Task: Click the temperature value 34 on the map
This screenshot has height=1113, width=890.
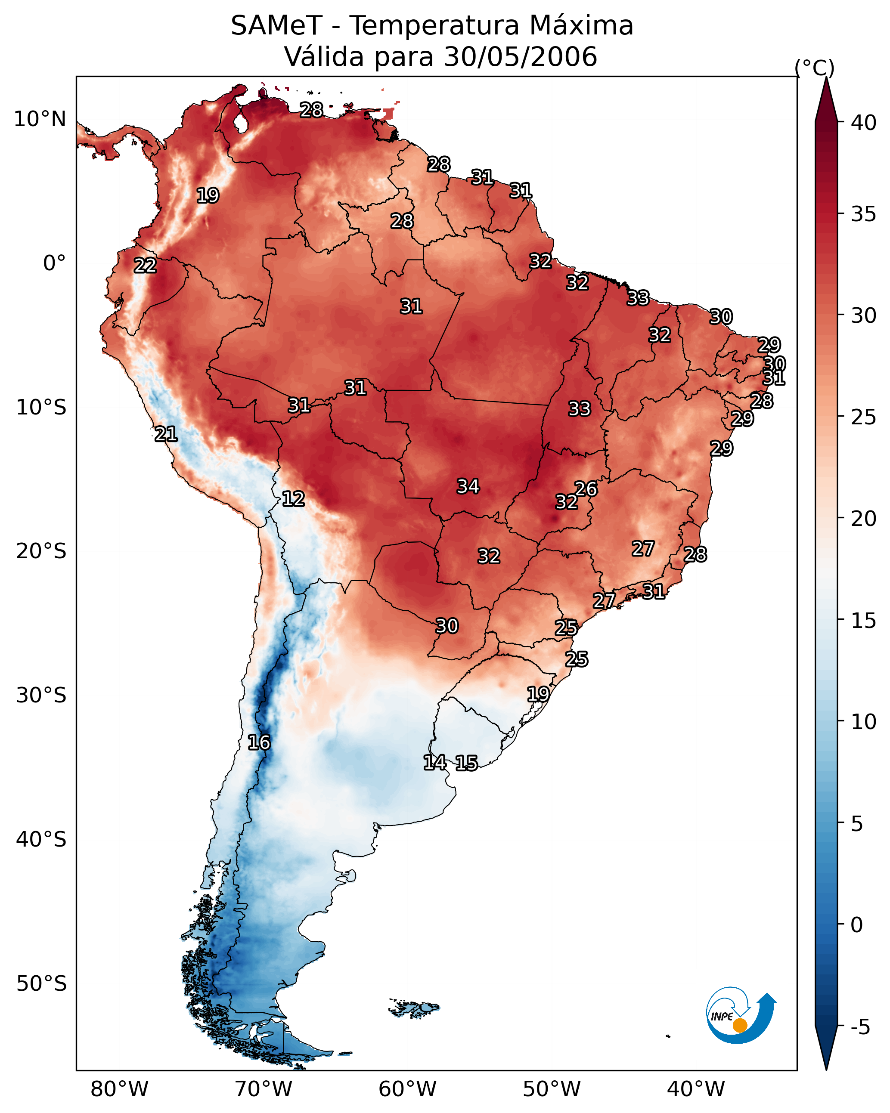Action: (x=468, y=486)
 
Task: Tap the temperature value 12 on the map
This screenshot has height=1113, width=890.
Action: (x=293, y=499)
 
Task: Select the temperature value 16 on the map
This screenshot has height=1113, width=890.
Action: (x=259, y=742)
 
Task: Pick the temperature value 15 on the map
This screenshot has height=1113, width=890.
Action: (x=466, y=763)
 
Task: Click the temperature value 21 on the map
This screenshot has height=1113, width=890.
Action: (x=166, y=434)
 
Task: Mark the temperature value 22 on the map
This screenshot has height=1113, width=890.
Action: (x=145, y=266)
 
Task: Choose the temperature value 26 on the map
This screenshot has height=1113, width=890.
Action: (x=586, y=488)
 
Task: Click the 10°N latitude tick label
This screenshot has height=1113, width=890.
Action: (x=40, y=119)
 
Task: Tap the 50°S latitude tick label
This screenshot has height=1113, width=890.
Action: (x=41, y=984)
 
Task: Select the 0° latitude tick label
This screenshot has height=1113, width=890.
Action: (x=54, y=263)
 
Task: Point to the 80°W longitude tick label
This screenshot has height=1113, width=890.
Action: (x=119, y=1089)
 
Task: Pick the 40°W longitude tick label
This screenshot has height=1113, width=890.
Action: (x=696, y=1089)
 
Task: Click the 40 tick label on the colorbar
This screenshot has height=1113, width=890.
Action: (x=864, y=123)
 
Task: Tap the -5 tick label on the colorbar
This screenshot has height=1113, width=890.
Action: (x=860, y=1027)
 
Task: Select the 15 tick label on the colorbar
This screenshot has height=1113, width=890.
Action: (x=864, y=621)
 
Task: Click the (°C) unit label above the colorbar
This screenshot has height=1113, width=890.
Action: (x=815, y=68)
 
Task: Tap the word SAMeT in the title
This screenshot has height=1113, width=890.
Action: (x=276, y=25)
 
